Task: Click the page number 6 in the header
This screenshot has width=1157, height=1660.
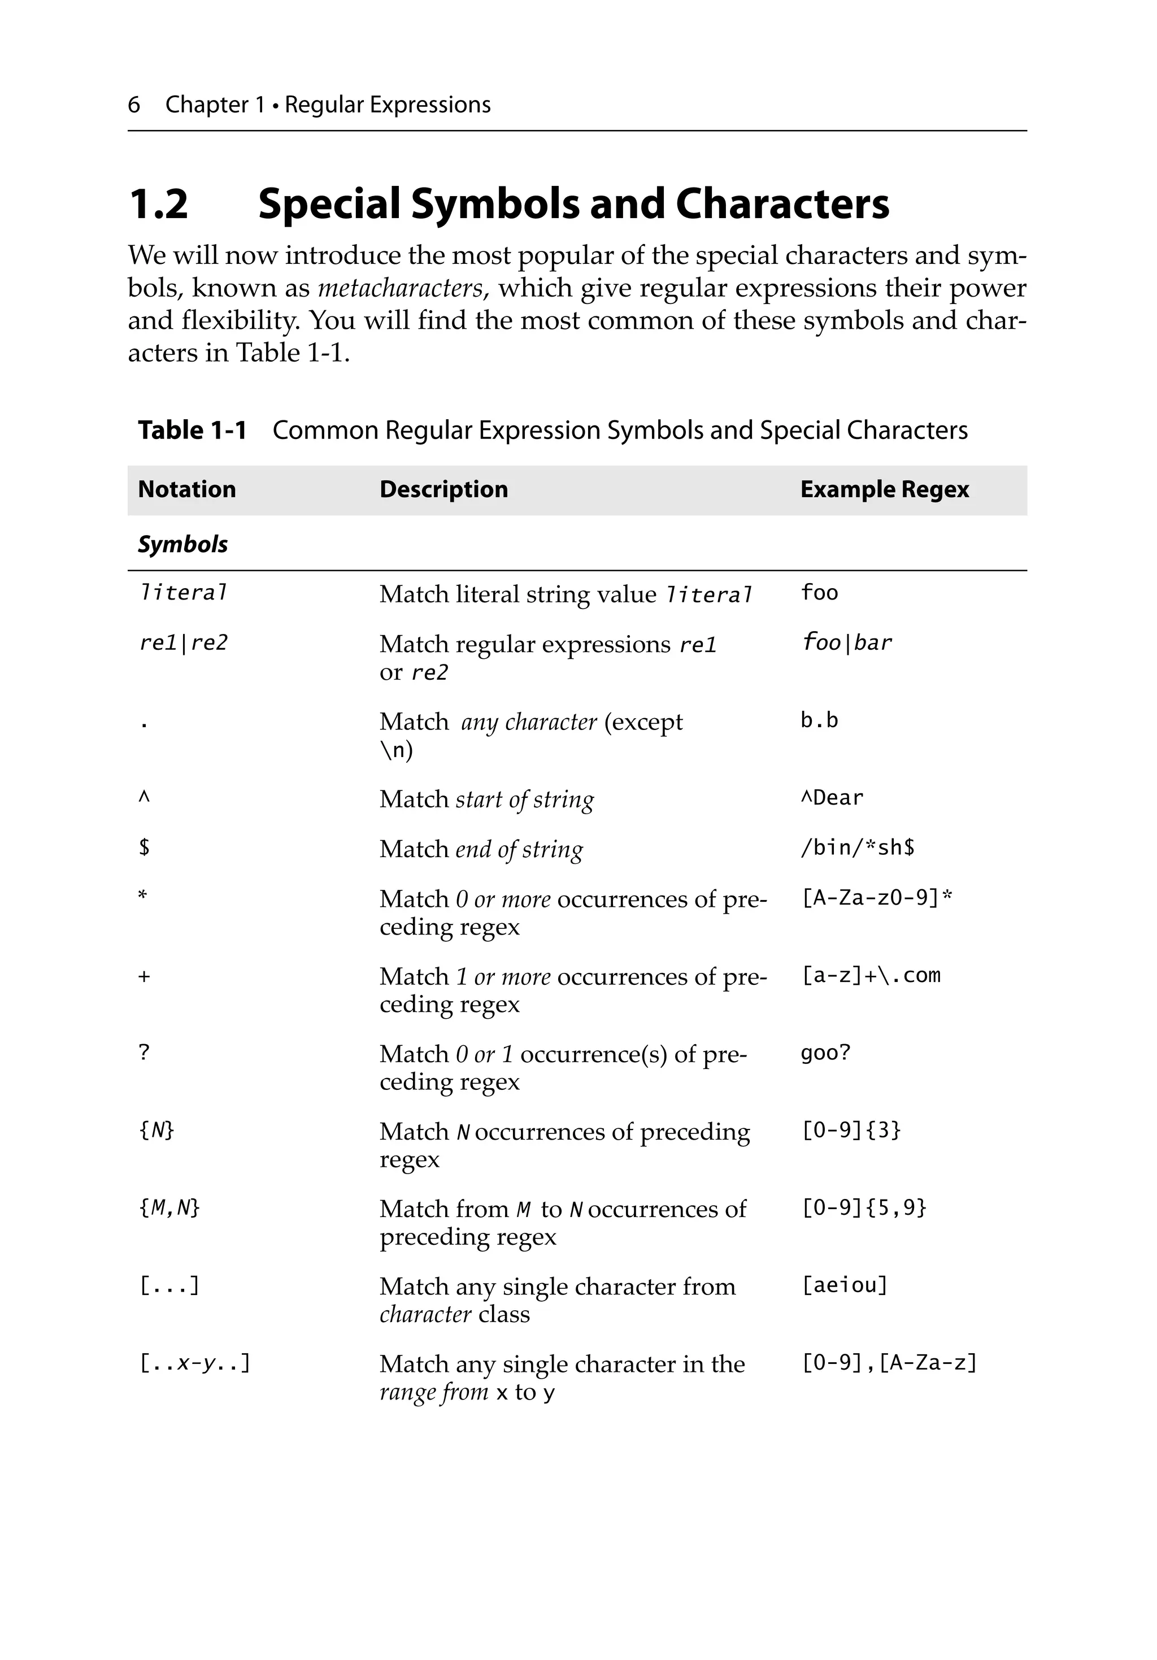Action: pyautogui.click(x=134, y=105)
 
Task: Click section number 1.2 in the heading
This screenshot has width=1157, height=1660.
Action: pyautogui.click(x=158, y=204)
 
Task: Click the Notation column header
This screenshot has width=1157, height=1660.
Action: pyautogui.click(x=186, y=489)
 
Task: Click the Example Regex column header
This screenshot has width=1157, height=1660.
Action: pyautogui.click(x=884, y=489)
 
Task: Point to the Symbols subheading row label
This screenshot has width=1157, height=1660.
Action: pyautogui.click(x=182, y=545)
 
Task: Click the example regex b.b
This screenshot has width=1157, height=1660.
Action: pyautogui.click(x=819, y=720)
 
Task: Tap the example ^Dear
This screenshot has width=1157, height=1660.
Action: pyautogui.click(x=832, y=797)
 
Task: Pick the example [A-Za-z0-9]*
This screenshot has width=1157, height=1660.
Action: pyautogui.click(x=876, y=897)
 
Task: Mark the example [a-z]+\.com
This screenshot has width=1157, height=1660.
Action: pyautogui.click(x=871, y=975)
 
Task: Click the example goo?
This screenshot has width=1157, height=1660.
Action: pyautogui.click(x=825, y=1053)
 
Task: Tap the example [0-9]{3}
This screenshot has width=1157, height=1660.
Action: pyautogui.click(x=850, y=1130)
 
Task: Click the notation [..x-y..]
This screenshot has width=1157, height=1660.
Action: pyautogui.click(x=194, y=1363)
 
